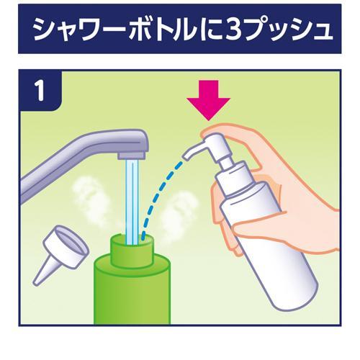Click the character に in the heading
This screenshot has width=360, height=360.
click(202, 30)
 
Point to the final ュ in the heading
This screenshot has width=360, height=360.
click(320, 32)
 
